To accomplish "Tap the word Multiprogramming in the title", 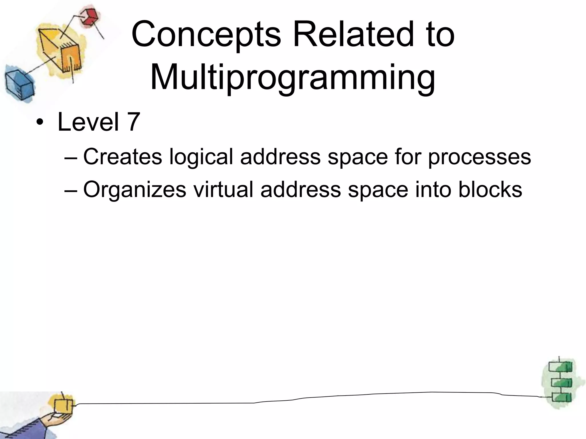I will click(x=292, y=78).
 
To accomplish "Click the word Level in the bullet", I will click(x=88, y=122).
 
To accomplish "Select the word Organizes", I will click(x=134, y=190).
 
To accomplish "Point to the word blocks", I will click(x=490, y=189).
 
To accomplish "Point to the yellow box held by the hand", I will click(x=63, y=406).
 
